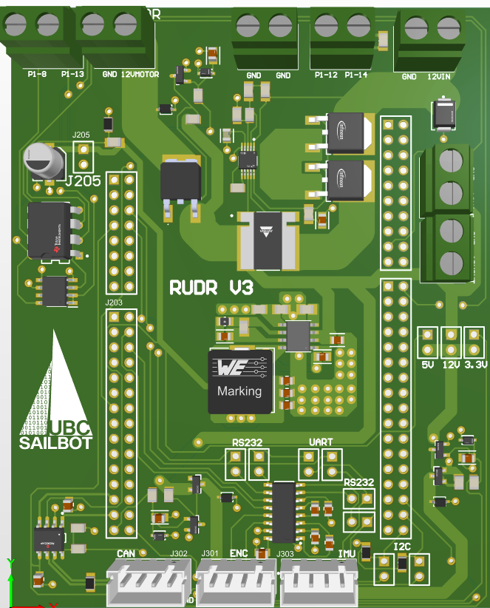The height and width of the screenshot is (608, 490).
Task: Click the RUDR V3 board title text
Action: coord(211,287)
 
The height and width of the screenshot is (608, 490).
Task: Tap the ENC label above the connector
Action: coord(239,553)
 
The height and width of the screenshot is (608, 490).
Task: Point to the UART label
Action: coord(320,442)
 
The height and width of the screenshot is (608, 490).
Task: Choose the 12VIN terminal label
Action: coord(440,76)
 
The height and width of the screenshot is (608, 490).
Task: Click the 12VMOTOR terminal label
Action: coord(140,74)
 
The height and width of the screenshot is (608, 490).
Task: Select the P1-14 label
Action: coord(356,75)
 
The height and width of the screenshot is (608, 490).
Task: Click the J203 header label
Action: coord(114,303)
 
